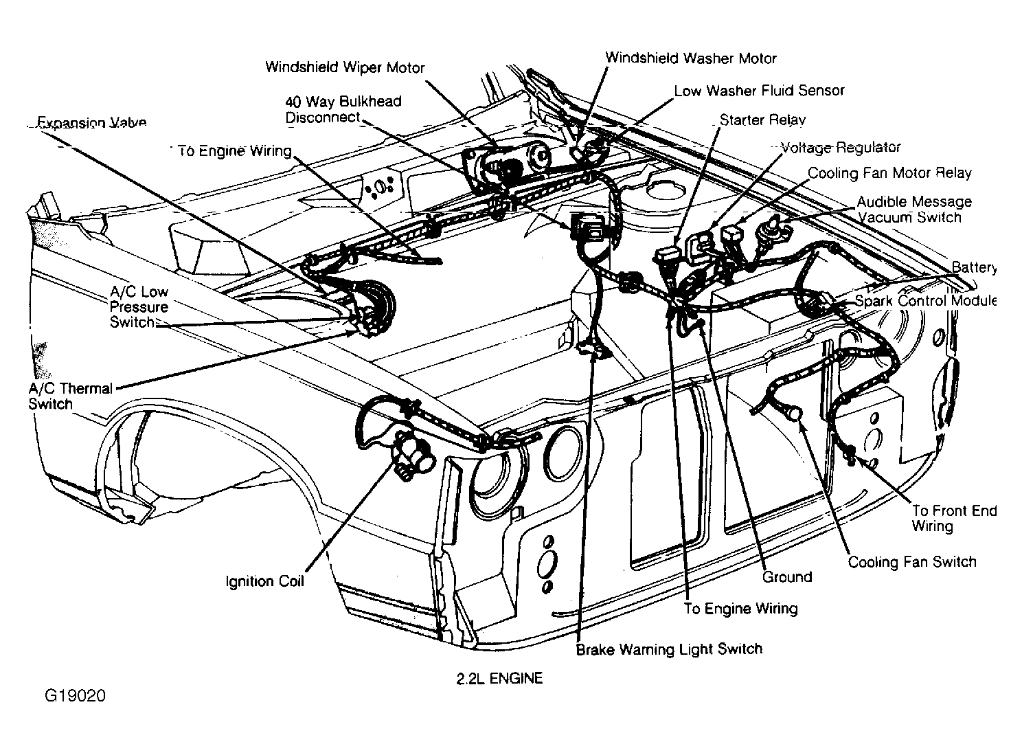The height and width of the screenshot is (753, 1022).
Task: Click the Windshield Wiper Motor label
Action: [345, 67]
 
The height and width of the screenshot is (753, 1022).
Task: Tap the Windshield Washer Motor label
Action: [691, 58]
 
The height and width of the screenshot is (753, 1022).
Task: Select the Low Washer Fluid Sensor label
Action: [759, 91]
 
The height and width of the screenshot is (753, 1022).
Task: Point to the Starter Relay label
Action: [762, 120]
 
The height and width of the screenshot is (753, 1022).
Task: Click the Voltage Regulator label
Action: [841, 148]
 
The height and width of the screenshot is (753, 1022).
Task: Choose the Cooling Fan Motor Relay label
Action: [889, 173]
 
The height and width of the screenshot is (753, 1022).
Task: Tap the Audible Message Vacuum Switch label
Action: [914, 209]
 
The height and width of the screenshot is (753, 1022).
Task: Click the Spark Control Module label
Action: [925, 301]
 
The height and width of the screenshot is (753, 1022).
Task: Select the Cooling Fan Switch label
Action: [912, 562]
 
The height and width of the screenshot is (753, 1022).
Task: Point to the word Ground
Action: [787, 577]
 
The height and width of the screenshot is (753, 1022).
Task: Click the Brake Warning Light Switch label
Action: [669, 649]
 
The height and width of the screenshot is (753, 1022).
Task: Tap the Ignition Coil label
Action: [264, 581]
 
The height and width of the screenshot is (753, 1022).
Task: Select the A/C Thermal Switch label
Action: [70, 396]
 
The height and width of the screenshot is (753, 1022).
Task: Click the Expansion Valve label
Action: [91, 122]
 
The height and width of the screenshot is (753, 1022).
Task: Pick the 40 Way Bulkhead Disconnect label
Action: [343, 109]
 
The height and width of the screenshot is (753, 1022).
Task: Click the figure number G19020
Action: [76, 695]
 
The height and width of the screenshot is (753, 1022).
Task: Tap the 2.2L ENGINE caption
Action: [499, 679]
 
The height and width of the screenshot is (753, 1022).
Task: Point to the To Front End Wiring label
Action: [954, 518]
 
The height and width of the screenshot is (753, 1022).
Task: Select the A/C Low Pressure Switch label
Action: [139, 306]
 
